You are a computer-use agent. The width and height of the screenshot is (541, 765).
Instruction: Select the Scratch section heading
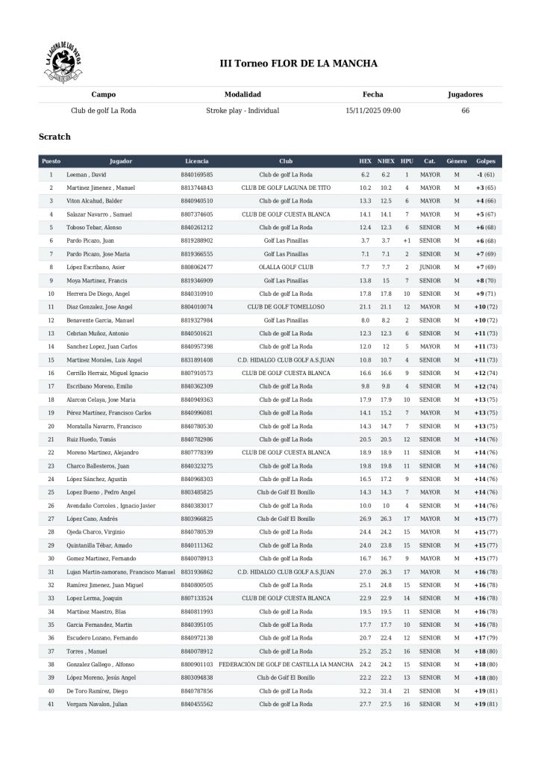click(54, 137)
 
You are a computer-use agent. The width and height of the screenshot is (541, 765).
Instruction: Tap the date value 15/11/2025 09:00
click(373, 110)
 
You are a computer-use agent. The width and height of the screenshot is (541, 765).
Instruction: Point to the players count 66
click(466, 110)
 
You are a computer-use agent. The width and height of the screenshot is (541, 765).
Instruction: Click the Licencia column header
click(197, 161)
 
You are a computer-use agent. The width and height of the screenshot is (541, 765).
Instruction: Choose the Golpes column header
click(485, 161)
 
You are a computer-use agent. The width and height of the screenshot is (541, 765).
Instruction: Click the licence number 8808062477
click(197, 267)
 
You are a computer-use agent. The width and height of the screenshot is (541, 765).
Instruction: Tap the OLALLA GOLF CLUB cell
click(286, 267)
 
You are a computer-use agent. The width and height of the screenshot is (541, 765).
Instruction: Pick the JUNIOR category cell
click(430, 267)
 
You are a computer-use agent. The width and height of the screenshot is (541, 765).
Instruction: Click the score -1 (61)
click(485, 174)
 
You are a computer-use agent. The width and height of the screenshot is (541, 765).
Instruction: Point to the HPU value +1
click(407, 241)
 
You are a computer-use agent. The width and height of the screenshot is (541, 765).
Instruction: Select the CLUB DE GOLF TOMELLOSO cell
click(286, 306)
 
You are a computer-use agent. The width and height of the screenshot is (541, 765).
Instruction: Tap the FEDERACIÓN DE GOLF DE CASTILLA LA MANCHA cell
click(286, 664)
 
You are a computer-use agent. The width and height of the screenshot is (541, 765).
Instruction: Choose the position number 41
click(51, 704)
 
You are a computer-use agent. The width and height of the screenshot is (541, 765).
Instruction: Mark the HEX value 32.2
click(365, 690)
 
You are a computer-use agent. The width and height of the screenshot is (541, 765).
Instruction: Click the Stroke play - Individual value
click(243, 110)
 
